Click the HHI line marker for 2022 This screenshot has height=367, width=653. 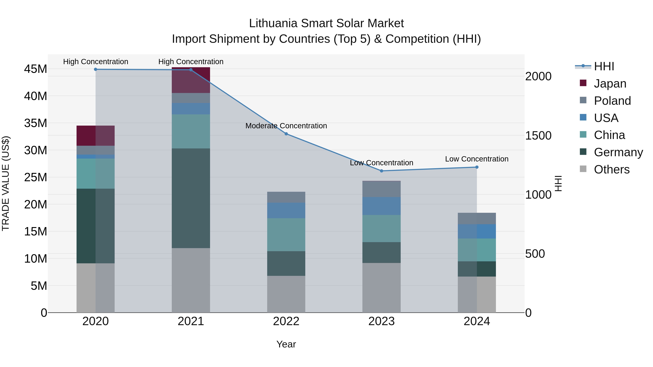coord(286,134)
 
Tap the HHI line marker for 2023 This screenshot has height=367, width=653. coord(381,171)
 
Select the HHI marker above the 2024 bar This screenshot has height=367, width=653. coord(477,167)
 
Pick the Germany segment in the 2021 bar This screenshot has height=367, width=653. coord(191,198)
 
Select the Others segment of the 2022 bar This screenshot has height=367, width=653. coord(286,294)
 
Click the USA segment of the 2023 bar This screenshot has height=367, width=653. coord(381,206)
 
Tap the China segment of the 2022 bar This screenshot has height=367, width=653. coord(286,235)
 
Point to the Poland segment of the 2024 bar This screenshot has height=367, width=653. coord(477,218)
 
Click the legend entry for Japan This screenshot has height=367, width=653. coord(610,84)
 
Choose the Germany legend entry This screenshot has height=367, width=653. coord(618,152)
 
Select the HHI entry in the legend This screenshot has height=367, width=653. coord(604,66)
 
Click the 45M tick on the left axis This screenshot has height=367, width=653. coord(36,69)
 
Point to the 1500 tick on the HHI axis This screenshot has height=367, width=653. coord(538,136)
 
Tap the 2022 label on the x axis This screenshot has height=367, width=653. coord(286,321)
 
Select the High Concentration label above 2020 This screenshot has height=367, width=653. coord(96,62)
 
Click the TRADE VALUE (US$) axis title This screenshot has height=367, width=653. coord(6,183)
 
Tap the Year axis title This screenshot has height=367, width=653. coord(286,344)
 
